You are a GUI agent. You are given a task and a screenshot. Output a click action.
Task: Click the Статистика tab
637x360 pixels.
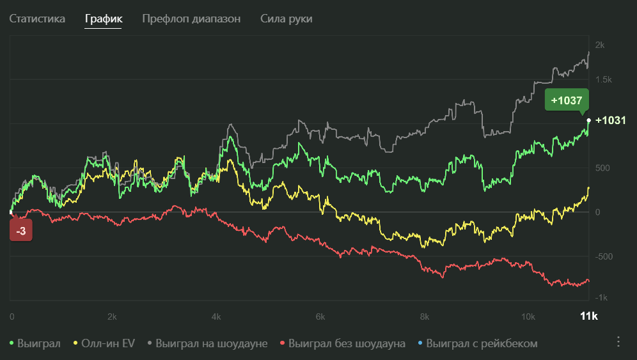(37, 19)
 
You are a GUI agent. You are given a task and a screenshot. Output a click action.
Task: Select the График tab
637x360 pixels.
(104, 19)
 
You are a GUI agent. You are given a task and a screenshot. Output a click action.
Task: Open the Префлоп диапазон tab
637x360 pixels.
(191, 19)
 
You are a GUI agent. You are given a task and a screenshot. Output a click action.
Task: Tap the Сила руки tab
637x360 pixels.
(287, 19)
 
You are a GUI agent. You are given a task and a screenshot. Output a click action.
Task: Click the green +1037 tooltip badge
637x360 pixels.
(566, 100)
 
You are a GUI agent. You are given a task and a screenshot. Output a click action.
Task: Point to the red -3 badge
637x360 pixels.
(21, 231)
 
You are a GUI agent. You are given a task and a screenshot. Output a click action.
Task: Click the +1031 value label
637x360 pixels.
(609, 120)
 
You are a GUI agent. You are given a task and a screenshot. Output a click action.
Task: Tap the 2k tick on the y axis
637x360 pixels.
(600, 45)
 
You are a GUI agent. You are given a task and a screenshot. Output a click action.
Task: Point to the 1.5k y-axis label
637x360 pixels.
(603, 80)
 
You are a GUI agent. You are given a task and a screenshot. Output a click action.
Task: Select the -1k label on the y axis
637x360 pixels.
(601, 298)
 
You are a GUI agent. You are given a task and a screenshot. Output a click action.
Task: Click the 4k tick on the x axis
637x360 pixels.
(216, 317)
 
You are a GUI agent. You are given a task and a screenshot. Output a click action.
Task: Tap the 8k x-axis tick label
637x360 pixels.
(424, 317)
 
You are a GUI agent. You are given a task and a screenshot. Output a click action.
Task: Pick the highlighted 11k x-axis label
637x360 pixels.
(588, 317)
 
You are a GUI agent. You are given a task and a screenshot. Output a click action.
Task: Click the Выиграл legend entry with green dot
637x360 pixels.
(35, 343)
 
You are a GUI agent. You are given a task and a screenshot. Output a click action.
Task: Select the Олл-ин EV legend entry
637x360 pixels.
(105, 343)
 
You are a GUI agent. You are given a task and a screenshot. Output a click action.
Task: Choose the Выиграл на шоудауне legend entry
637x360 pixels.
(207, 343)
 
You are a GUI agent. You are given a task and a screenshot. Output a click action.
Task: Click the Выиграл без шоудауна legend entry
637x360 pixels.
(343, 343)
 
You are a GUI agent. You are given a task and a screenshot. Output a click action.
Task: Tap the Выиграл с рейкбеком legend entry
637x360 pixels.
(477, 343)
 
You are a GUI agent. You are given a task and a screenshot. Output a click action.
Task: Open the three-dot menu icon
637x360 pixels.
(618, 341)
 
